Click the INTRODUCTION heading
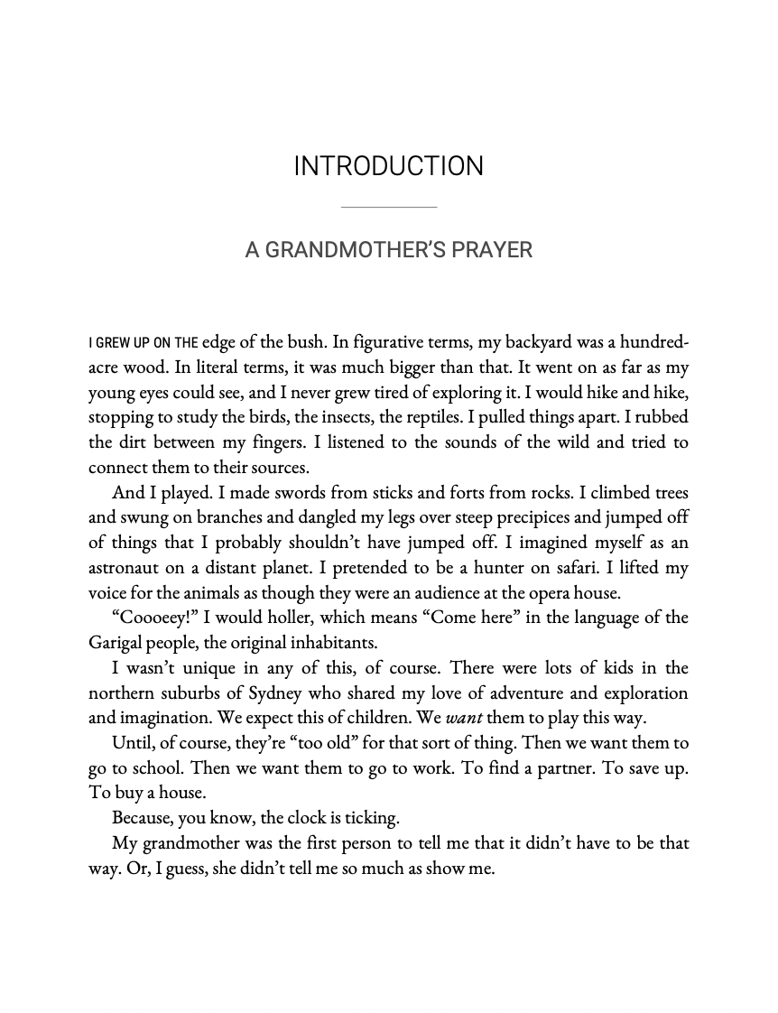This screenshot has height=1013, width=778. (x=388, y=167)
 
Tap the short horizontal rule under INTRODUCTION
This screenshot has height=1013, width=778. (x=388, y=208)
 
